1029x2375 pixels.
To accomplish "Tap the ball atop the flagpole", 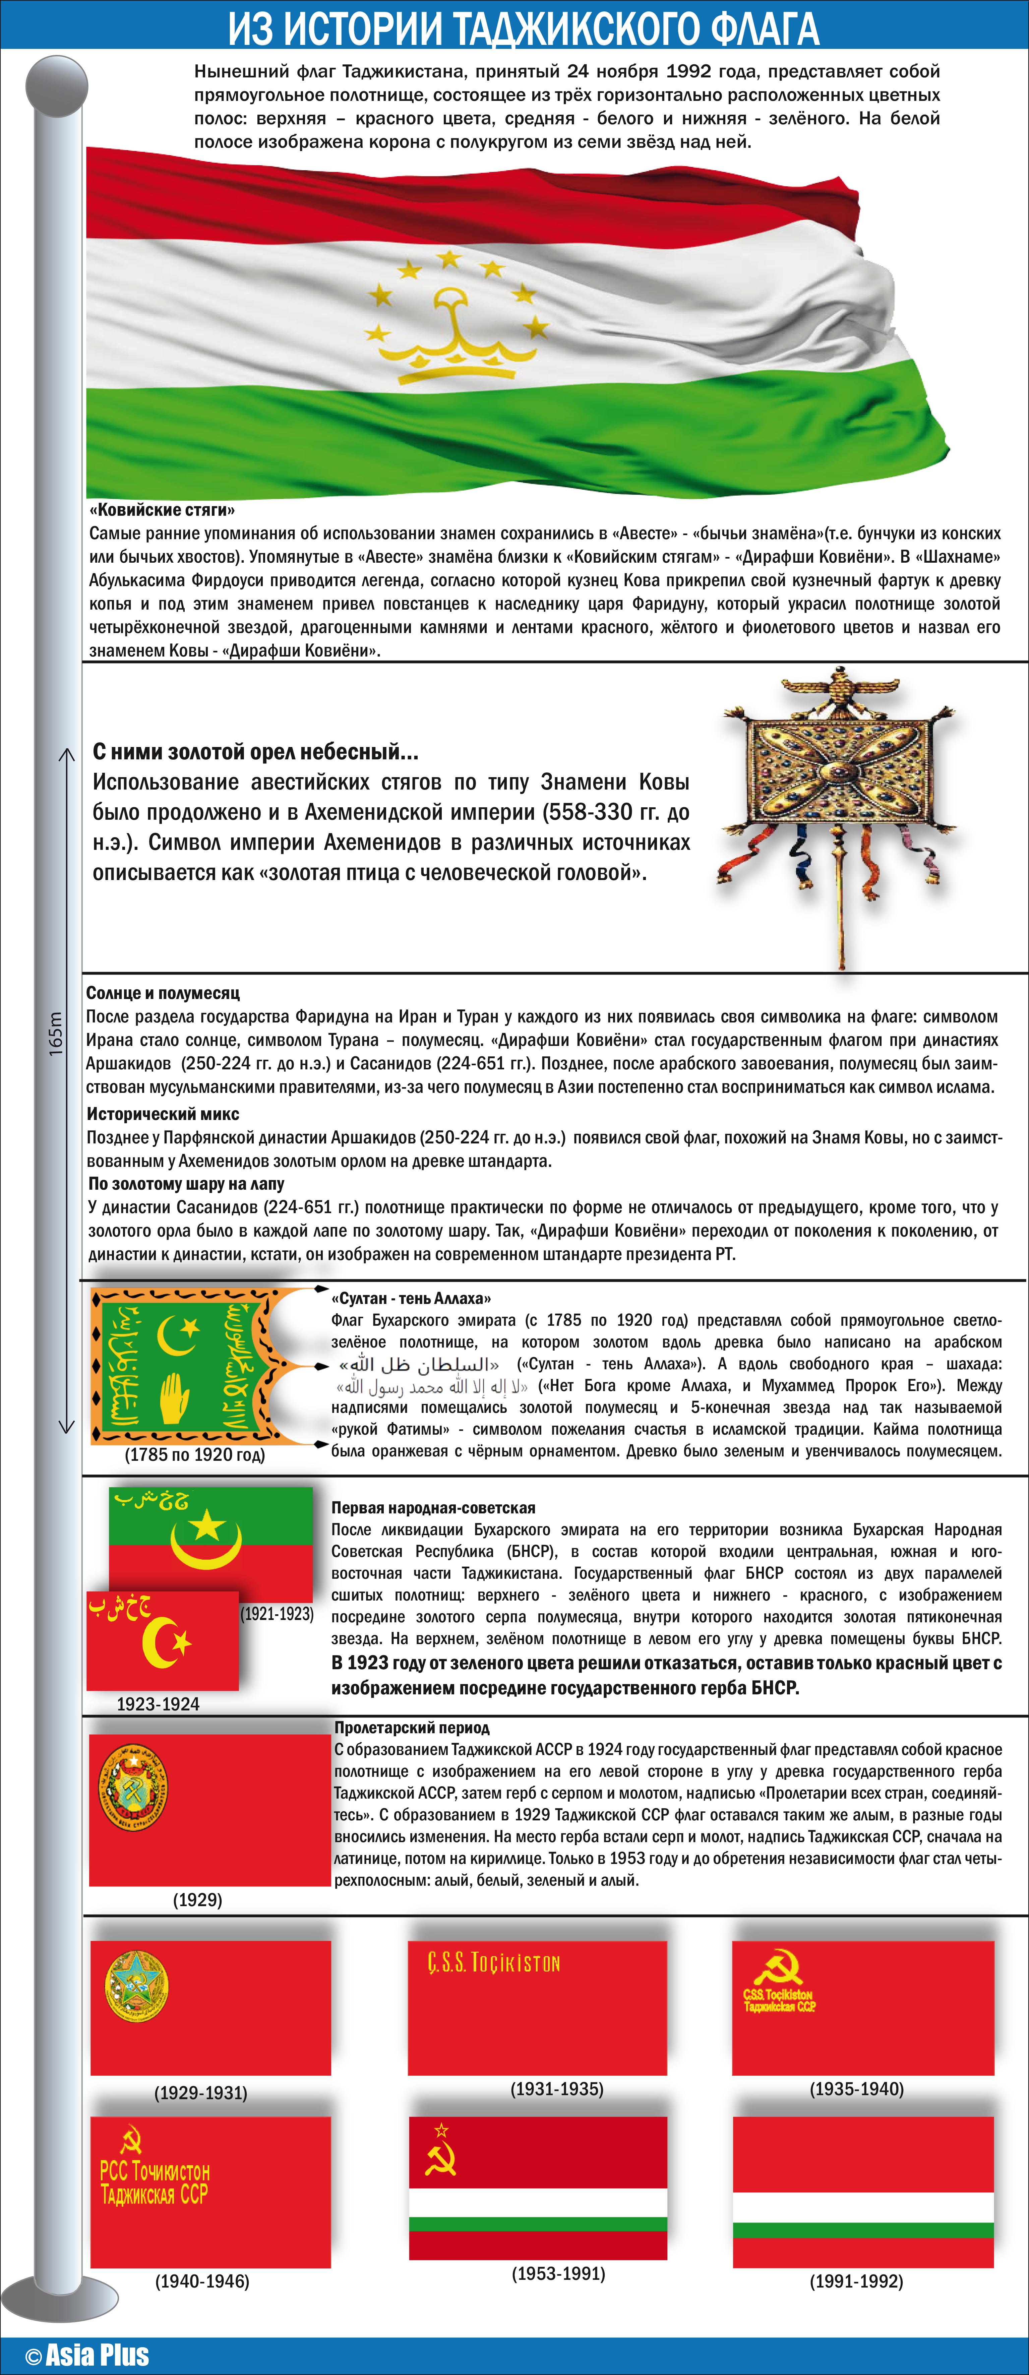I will click(x=56, y=86).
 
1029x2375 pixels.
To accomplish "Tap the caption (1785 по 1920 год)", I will click(x=194, y=1455).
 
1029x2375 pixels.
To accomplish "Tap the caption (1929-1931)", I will click(x=201, y=2093).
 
